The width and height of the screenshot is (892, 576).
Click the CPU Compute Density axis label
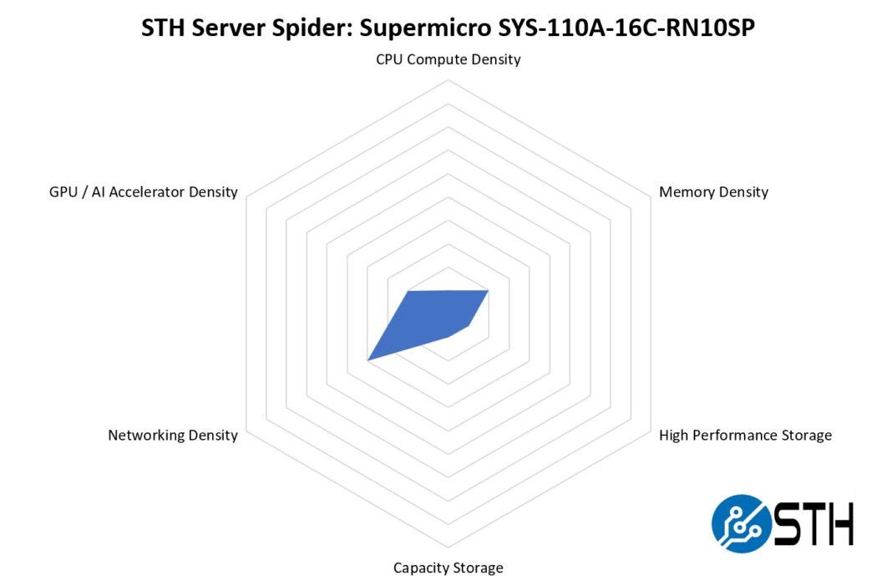point(449,59)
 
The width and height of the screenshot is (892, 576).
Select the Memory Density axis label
point(713,191)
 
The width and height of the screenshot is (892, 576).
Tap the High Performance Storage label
point(745,435)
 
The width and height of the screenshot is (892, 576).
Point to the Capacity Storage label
point(449,568)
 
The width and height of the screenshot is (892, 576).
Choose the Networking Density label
point(173,435)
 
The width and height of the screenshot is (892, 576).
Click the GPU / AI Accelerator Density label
point(144,191)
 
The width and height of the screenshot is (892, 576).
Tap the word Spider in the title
point(298,28)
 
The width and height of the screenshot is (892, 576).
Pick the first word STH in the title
point(160,28)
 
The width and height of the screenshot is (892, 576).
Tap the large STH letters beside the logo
point(813,523)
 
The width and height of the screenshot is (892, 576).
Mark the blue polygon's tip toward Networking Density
point(368,360)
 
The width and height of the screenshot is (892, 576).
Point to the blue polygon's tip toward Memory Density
point(488,290)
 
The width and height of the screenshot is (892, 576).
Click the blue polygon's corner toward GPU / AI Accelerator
point(408,292)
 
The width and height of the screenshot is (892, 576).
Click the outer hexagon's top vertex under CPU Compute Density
point(449,80)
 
